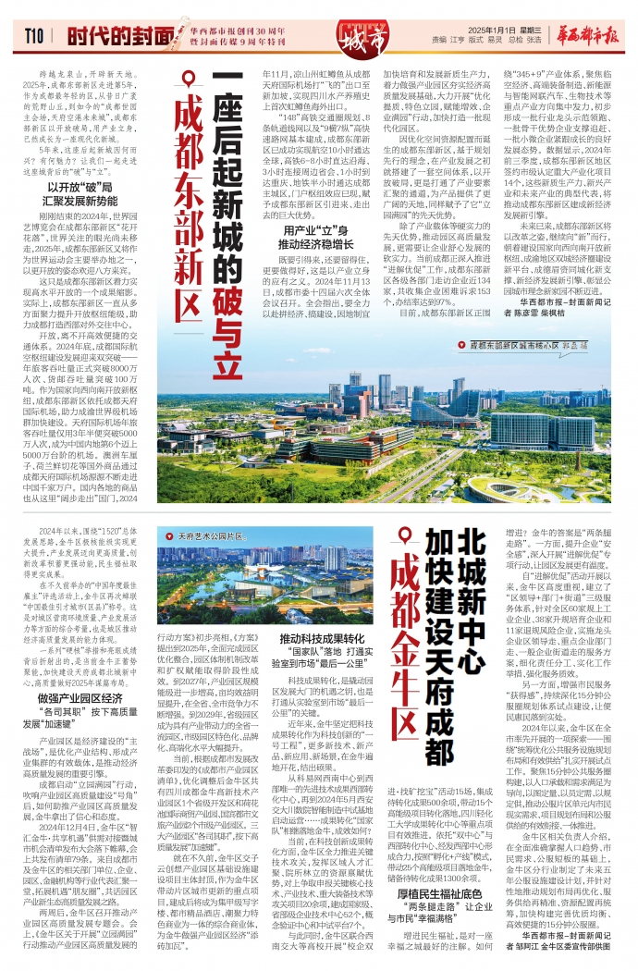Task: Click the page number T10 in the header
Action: (35, 35)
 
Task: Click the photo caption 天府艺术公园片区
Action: (220, 535)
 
